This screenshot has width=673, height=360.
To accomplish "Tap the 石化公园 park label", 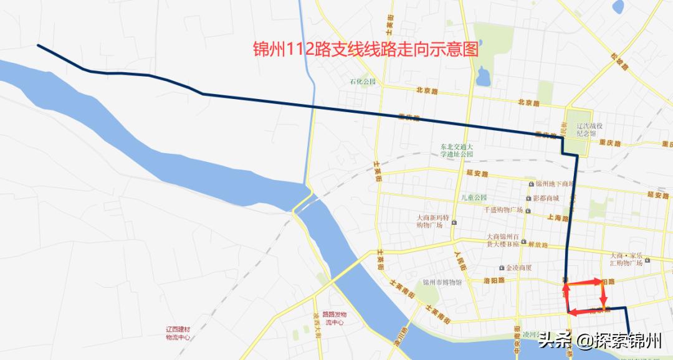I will tap(363, 82).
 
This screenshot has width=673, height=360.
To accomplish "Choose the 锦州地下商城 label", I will tap(551, 184).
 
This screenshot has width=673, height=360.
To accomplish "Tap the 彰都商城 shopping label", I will tap(546, 198).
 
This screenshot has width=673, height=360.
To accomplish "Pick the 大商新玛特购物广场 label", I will tap(432, 221).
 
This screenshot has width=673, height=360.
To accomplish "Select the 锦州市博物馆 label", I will tap(442, 282).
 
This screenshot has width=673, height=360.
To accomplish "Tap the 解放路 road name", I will tap(540, 245).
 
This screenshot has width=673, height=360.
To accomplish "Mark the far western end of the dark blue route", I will tap(39, 45).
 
